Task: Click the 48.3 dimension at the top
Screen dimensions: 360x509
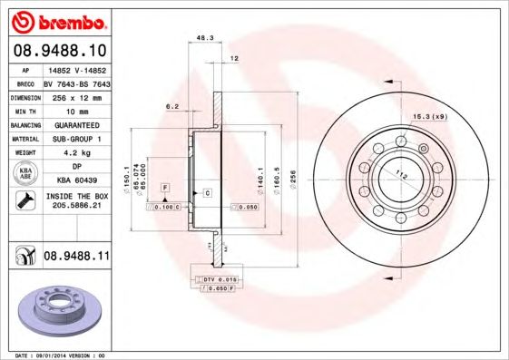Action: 205,38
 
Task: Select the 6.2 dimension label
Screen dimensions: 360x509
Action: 171,106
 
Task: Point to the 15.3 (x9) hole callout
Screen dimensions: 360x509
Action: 430,115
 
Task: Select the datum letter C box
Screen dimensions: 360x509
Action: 207,193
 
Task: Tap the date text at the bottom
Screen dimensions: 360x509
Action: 54,355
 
